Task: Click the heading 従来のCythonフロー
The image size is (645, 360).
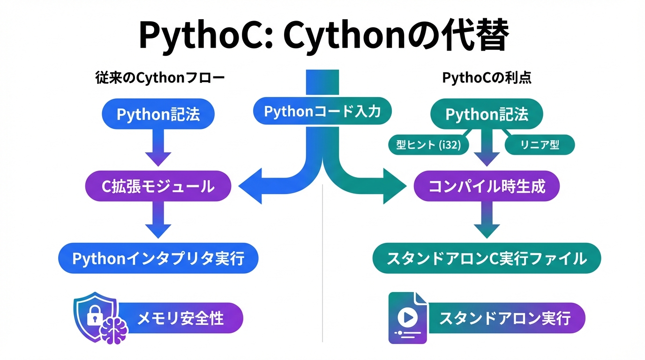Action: (159, 78)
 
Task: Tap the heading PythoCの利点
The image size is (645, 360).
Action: (487, 78)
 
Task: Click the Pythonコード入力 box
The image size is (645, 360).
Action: (322, 112)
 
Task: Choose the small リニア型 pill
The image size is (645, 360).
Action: (540, 145)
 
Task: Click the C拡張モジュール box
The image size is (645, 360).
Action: (158, 187)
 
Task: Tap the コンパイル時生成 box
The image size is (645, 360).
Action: (487, 187)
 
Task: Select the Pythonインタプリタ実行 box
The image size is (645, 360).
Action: (158, 258)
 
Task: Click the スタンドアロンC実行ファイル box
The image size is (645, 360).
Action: (487, 258)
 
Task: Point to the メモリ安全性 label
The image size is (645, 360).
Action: (180, 319)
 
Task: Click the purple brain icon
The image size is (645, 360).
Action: (115, 330)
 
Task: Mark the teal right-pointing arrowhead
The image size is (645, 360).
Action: (394, 187)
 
